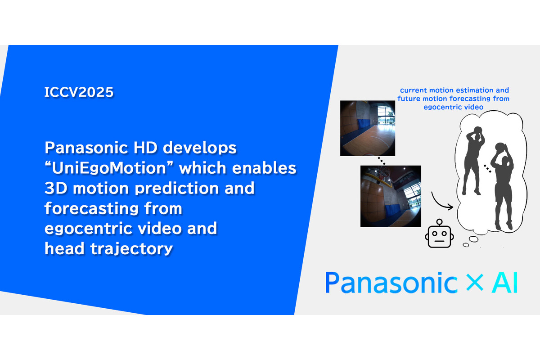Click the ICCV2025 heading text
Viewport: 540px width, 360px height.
tap(79, 92)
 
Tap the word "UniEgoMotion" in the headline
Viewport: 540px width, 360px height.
tap(109, 167)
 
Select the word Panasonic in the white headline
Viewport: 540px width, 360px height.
tap(86, 148)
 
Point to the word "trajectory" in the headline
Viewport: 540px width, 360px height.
tap(131, 249)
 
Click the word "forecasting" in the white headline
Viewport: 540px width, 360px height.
tap(92, 208)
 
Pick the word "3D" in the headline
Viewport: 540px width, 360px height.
tap(56, 188)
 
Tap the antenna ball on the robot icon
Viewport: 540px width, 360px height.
tap(440, 221)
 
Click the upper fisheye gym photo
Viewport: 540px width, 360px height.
tap(368, 128)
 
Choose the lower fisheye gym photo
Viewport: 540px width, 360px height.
tap(391, 196)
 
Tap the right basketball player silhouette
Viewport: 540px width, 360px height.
tap(502, 186)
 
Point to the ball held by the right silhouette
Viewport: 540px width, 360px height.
tap(500, 147)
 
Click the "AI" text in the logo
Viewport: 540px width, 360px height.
tap(505, 282)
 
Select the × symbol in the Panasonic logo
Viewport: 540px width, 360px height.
tap(475, 282)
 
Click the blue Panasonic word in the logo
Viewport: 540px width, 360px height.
tap(391, 282)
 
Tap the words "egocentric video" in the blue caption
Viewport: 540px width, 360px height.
tap(454, 107)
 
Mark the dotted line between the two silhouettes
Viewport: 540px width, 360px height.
tap(488, 169)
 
